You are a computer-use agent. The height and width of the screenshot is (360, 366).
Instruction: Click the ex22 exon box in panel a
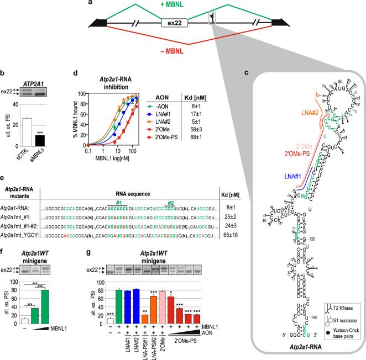tap(171, 24)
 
